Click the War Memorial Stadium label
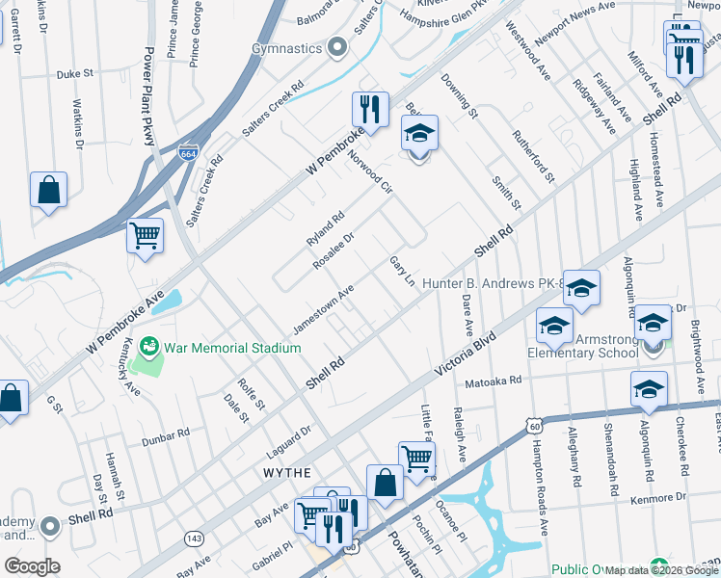point(232,347)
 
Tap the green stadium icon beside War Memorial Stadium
point(149,345)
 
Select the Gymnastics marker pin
point(336,47)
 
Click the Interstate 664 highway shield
point(189,152)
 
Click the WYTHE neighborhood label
point(287,473)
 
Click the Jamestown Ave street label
point(324,309)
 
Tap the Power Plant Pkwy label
point(150,96)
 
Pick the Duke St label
point(74,72)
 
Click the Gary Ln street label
point(402,271)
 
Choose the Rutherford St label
point(534,156)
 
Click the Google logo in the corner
point(33,566)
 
